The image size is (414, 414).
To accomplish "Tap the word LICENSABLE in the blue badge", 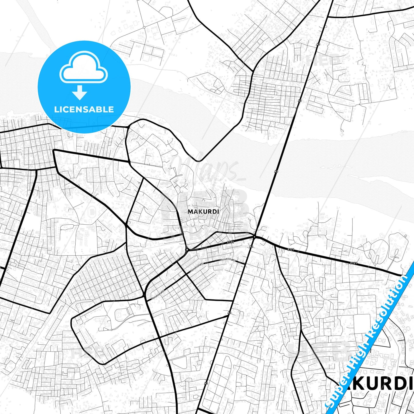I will click(x=84, y=109).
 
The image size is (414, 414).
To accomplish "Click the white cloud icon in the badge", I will click(x=83, y=69).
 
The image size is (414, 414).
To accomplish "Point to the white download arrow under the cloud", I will click(x=80, y=92).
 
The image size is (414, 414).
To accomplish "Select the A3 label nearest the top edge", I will click(x=318, y=44).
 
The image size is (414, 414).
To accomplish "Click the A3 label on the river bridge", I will click(x=276, y=171).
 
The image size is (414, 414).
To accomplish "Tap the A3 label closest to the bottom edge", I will click(x=206, y=383).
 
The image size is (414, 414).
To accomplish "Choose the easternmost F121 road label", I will click(x=354, y=263).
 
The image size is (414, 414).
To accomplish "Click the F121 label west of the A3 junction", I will click(x=230, y=242).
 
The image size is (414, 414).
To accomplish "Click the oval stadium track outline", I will click(x=92, y=212).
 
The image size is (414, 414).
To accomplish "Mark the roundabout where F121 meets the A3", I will click(x=254, y=237).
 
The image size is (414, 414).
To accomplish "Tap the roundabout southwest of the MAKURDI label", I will click(x=187, y=250).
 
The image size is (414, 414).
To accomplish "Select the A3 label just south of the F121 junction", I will click(x=251, y=247).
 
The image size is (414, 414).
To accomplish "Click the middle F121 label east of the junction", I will click(x=291, y=250).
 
